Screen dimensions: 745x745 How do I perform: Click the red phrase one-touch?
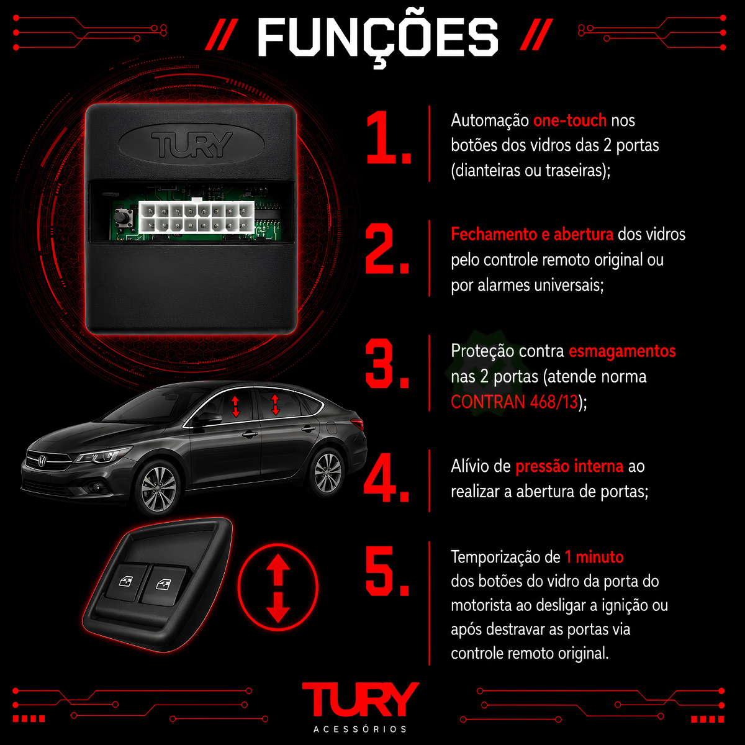570,120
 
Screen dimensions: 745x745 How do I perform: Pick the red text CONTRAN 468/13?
514,402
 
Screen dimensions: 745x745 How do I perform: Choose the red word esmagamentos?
622,351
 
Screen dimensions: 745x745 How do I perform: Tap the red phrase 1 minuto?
594,557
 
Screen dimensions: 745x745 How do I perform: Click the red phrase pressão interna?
569,467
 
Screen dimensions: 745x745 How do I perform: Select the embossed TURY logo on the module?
192,145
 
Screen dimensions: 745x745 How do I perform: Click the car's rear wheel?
327,472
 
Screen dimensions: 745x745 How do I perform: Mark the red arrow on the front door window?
235,407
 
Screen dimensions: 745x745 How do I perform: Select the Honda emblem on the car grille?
42,461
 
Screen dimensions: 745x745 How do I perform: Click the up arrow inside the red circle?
278,568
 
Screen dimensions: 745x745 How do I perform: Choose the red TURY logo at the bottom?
360,700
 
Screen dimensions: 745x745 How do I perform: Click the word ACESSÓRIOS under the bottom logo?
360,729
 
